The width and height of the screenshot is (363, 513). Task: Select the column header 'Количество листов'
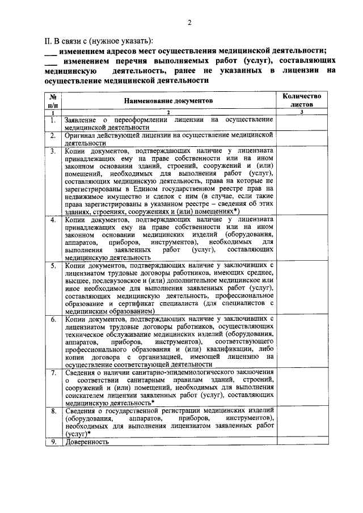(302, 100)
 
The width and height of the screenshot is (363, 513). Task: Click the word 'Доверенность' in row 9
(86, 442)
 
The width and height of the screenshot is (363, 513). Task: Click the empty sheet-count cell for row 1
(302, 123)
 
